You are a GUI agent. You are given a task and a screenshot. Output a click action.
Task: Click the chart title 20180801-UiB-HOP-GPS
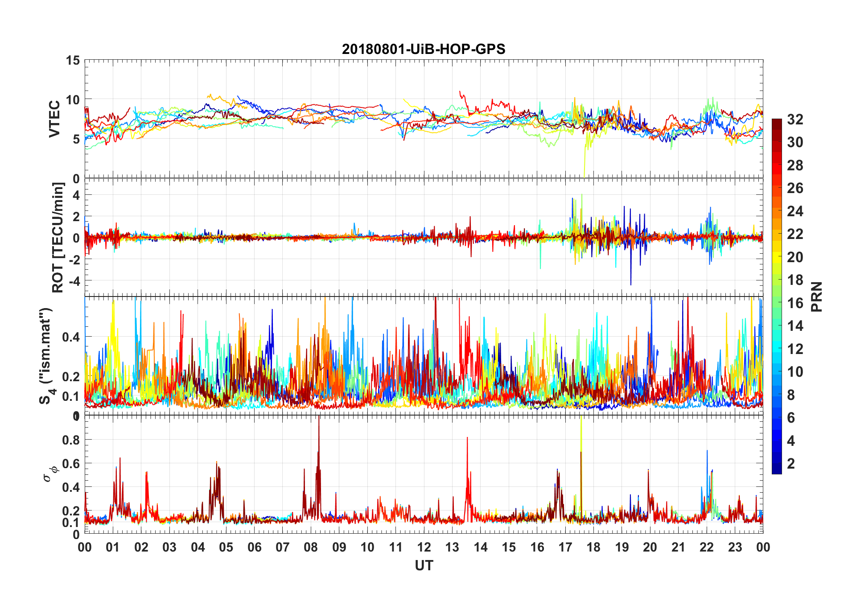[424, 49]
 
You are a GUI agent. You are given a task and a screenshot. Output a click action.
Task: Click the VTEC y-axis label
[54, 119]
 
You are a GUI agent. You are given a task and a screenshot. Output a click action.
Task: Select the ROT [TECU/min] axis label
[58, 237]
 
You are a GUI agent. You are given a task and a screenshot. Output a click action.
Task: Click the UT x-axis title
[424, 565]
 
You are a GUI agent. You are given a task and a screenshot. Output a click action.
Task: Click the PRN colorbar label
[816, 296]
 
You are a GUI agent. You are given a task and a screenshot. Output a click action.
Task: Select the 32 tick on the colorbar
[795, 119]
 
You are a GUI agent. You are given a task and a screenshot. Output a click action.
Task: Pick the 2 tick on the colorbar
[791, 463]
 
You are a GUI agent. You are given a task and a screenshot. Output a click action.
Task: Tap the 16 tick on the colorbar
[795, 303]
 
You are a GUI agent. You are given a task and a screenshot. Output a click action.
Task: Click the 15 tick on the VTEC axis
[73, 61]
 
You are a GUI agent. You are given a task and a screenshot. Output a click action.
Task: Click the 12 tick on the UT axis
[424, 547]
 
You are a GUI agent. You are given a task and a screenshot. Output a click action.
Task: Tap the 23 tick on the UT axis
[735, 547]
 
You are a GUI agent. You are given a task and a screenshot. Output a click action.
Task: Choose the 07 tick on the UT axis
[283, 547]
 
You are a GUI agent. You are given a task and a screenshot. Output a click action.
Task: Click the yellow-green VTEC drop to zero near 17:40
[584, 176]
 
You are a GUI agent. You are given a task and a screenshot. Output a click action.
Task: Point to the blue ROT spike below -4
[630, 284]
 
